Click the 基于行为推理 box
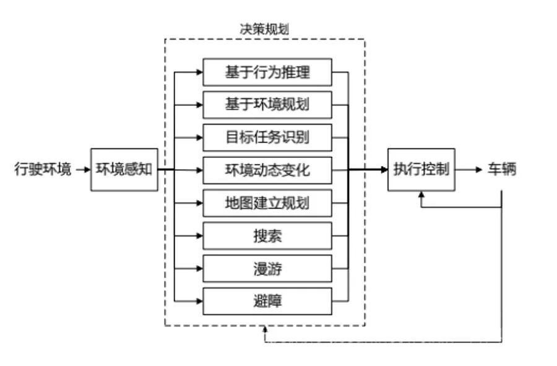coord(267,72)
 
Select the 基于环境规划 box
coord(267,105)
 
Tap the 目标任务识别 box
coord(267,138)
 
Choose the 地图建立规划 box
coord(267,203)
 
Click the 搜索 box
coord(267,236)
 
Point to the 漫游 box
coord(267,269)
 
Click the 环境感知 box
coord(124,169)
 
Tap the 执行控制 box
coord(421,169)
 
